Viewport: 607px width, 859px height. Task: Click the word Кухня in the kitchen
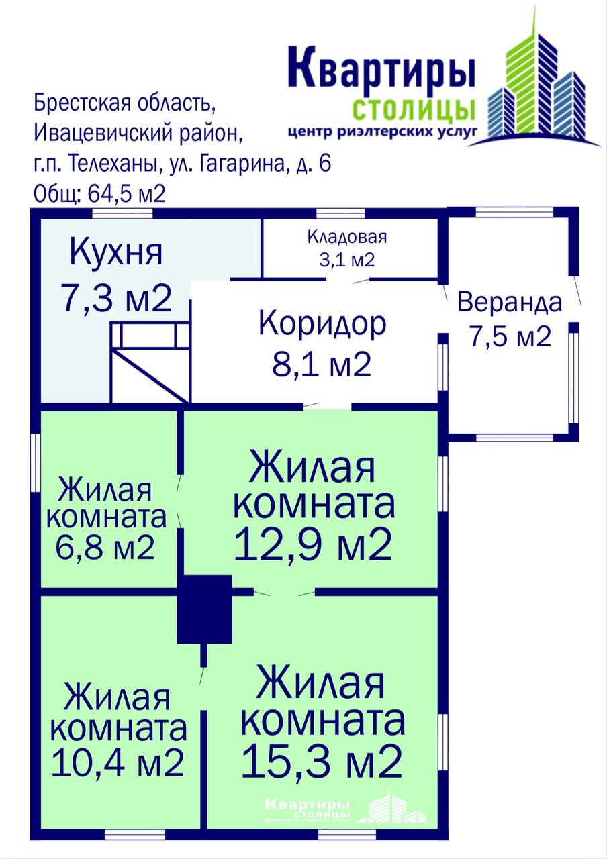pyautogui.click(x=116, y=254)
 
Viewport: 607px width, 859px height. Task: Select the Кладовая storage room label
pyautogui.click(x=347, y=237)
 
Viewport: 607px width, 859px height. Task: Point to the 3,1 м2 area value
pyautogui.click(x=347, y=260)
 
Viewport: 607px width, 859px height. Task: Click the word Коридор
pyautogui.click(x=323, y=324)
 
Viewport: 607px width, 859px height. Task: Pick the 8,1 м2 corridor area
pyautogui.click(x=322, y=364)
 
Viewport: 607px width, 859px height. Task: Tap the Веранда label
pyautogui.click(x=510, y=303)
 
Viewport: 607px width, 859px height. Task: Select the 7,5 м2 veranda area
pyautogui.click(x=510, y=336)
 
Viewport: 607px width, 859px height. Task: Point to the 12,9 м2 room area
pyautogui.click(x=313, y=545)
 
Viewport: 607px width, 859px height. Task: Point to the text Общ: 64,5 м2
pyautogui.click(x=100, y=194)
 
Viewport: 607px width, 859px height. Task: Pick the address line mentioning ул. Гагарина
pyautogui.click(x=182, y=164)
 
